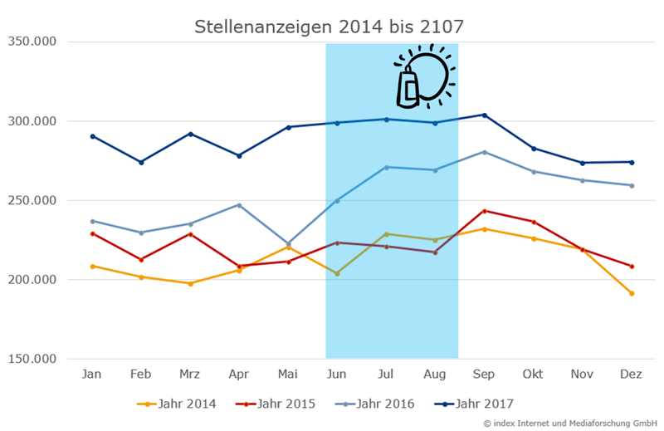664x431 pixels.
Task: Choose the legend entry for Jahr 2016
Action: point(376,404)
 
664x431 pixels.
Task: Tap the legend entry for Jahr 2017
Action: point(474,404)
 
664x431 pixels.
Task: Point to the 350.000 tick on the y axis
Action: point(33,42)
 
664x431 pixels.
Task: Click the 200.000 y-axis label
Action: point(33,280)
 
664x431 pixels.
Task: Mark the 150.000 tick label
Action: point(33,359)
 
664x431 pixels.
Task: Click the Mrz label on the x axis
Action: point(190,375)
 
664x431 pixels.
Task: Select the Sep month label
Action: point(484,375)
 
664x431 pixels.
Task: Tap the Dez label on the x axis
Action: point(631,375)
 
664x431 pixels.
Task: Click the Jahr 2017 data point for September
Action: point(484,115)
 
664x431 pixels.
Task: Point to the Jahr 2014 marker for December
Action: point(632,293)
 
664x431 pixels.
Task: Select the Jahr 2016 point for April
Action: point(239,205)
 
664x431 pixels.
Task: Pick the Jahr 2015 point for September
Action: point(484,211)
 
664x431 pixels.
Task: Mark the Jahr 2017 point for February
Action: point(141,162)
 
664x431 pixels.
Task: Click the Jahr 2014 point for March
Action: point(190,283)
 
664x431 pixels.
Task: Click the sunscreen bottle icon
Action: point(408,88)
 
